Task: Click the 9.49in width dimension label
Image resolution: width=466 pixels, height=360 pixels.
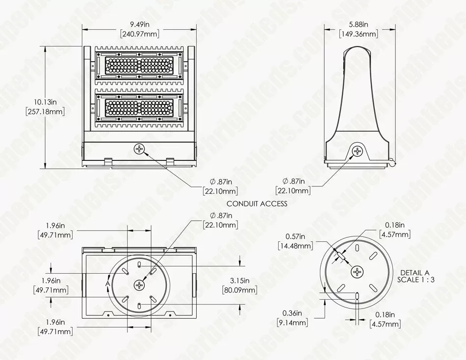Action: pyautogui.click(x=140, y=25)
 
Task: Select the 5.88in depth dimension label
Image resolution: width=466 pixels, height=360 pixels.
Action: pyautogui.click(x=358, y=24)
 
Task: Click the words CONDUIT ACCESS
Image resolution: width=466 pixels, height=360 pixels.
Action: pyautogui.click(x=257, y=204)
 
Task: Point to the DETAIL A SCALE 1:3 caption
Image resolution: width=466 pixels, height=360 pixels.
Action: pyautogui.click(x=415, y=276)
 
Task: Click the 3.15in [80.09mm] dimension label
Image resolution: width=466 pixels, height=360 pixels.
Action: pyautogui.click(x=239, y=285)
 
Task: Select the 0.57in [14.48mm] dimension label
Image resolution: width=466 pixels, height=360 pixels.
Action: pyautogui.click(x=295, y=241)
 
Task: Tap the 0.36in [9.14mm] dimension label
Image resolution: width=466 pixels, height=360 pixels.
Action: pyautogui.click(x=292, y=318)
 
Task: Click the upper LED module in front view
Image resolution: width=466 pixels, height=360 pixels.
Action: pyautogui.click(x=139, y=65)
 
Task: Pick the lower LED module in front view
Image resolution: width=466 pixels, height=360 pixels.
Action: pyautogui.click(x=139, y=108)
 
